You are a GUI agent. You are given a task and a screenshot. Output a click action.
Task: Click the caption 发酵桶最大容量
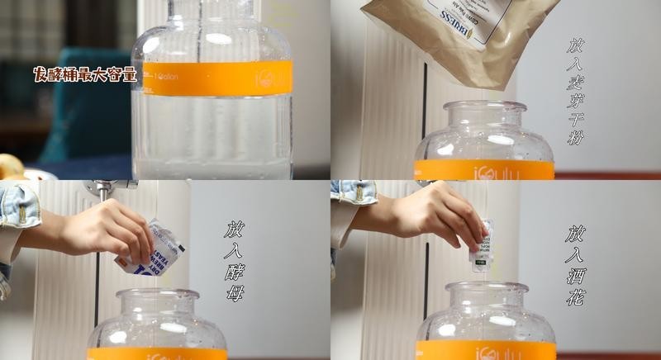click(x=84, y=74)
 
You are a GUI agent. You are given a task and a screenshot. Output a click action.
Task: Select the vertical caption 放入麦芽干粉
click(x=576, y=91)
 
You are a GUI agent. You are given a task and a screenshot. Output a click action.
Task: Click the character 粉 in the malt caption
click(x=576, y=136)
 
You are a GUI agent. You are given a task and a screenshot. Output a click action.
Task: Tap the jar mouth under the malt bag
click(x=485, y=107)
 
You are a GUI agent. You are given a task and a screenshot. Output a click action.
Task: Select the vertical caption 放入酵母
click(x=235, y=260)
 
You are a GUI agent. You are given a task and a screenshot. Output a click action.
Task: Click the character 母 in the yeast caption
click(x=235, y=292)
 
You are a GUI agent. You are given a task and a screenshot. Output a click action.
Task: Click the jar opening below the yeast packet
click(x=157, y=294)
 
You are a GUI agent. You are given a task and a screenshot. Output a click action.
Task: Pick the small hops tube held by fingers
click(x=482, y=245)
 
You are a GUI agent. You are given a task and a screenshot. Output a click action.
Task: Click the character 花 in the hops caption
click(x=576, y=297)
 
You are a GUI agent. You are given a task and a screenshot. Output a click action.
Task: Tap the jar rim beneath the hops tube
click(x=486, y=287)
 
